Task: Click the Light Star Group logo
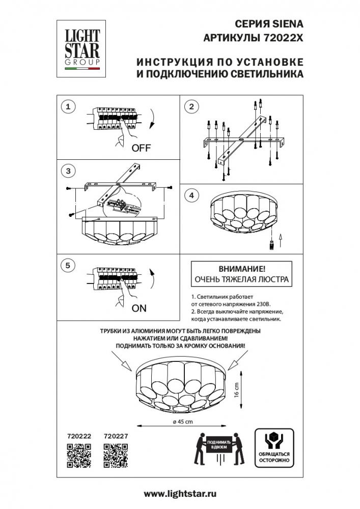pyautogui.click(x=81, y=48)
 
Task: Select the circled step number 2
pyautogui.click(x=191, y=106)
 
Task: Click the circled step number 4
pyautogui.click(x=191, y=195)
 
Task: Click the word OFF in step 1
pyautogui.click(x=142, y=149)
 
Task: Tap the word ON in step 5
pyautogui.click(x=139, y=308)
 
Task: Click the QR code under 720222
pyautogui.click(x=79, y=455)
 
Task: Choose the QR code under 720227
pyautogui.click(x=116, y=455)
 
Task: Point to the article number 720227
pyautogui.click(x=116, y=436)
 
